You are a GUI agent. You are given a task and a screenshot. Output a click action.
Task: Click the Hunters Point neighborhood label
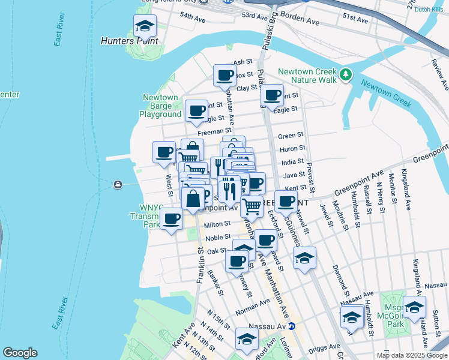tap(130, 41)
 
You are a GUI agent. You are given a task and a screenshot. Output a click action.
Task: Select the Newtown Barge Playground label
tap(160, 106)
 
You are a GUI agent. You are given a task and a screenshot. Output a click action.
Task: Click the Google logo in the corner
tap(20, 353)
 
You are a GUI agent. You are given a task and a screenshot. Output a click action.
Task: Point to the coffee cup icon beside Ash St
tap(225, 76)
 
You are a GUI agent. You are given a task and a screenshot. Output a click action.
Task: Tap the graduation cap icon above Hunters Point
tap(145, 26)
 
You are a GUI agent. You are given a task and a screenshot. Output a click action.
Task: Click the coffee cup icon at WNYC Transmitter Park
tap(171, 218)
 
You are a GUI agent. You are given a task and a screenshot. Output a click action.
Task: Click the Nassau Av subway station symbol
tap(292, 326)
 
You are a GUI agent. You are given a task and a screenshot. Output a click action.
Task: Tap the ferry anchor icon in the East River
tap(117, 184)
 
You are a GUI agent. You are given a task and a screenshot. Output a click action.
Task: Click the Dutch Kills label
tap(429, 9)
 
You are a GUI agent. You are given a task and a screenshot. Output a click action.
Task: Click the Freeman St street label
tap(215, 130)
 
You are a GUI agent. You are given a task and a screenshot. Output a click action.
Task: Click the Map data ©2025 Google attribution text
tap(412, 355)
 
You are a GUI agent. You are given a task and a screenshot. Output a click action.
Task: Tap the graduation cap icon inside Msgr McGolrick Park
tap(414, 307)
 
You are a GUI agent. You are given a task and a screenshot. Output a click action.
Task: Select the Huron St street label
tap(292, 148)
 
